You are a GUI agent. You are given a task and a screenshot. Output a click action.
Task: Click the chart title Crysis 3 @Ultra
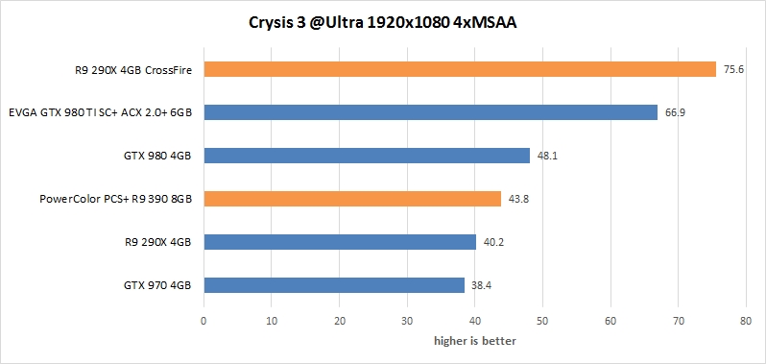pos(383,22)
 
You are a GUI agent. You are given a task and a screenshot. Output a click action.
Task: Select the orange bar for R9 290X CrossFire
pos(460,69)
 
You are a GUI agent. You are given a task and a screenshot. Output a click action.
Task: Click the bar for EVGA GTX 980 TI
pos(430,112)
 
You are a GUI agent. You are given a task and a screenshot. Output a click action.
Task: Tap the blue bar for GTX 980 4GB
pos(367,156)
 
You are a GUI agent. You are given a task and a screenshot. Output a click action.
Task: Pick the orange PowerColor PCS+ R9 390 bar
pos(352,199)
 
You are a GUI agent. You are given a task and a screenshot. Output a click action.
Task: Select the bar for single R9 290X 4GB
pos(340,242)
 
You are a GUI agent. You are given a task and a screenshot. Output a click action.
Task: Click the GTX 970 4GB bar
pos(334,285)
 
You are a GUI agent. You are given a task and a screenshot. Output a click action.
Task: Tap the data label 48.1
pos(545,156)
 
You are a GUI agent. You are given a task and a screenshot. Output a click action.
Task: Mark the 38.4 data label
pos(480,285)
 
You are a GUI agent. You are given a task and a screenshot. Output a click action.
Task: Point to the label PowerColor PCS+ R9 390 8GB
pos(116,199)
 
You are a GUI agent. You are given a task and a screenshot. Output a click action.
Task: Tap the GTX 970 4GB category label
pos(157,285)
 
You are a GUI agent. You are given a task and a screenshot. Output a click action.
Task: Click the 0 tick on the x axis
pos(203,323)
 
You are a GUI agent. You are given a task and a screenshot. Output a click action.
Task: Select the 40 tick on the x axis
pos(475,323)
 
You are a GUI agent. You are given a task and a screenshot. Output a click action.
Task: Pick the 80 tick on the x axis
pos(746,323)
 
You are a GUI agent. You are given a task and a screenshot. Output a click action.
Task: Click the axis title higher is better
pos(474,340)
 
